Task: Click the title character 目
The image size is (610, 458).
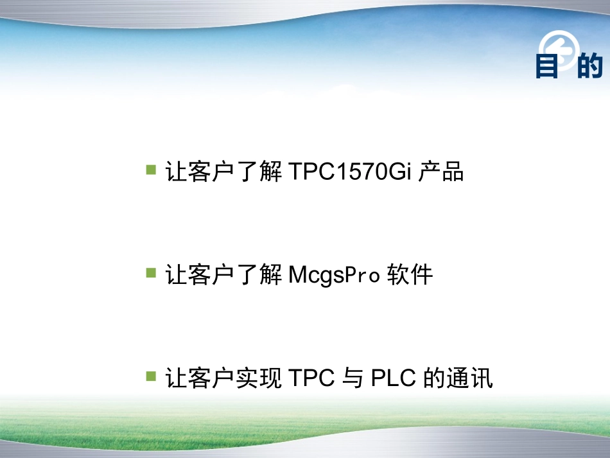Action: pos(548,66)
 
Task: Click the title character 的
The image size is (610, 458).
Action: pos(590,66)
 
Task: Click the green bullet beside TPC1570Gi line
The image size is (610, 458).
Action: pos(152,170)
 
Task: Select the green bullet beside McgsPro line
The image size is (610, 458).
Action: pos(152,273)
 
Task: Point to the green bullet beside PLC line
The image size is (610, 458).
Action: pos(152,376)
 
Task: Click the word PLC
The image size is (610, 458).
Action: pos(394,378)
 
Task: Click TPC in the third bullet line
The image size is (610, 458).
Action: pos(312,378)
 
